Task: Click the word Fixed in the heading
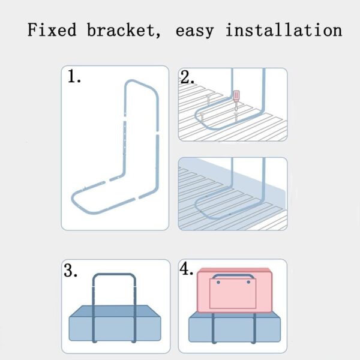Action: coord(52,30)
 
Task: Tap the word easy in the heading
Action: coord(194,32)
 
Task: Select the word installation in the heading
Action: coord(284,30)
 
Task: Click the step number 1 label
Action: coord(74,76)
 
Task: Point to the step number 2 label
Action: coord(187,77)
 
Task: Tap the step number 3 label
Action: coord(70,270)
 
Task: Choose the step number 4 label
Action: coord(187,269)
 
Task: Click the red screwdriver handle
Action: coord(236,96)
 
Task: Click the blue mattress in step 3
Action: coord(115,323)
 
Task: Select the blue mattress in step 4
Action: coord(235,327)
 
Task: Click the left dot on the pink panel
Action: coord(218,282)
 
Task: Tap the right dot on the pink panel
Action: coord(248,282)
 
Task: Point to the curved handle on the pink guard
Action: coord(233,275)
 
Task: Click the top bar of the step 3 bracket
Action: coord(114,275)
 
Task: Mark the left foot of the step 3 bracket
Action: coord(94,341)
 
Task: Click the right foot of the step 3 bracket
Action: coord(134,341)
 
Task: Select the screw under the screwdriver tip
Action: coord(236,117)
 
